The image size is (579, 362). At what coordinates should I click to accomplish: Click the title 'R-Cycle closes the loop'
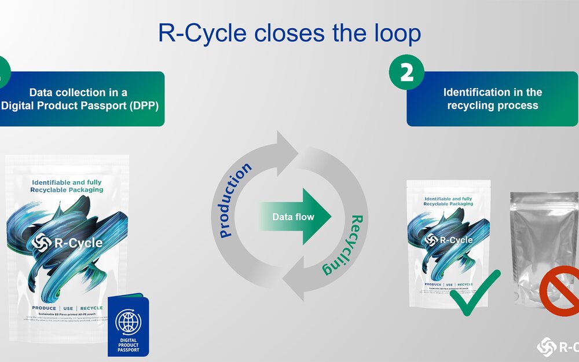coord(289,33)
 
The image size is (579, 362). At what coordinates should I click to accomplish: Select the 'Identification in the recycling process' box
coord(492,99)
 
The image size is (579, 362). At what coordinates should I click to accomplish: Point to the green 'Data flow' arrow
coord(295,217)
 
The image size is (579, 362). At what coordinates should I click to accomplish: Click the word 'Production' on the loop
coord(236,200)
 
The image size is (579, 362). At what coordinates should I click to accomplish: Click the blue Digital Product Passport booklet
coord(128,325)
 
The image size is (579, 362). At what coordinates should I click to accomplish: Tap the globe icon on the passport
coord(128,320)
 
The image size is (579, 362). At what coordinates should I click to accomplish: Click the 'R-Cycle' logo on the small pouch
coord(449,240)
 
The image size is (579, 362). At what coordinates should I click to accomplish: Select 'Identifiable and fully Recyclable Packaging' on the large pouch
coord(67,185)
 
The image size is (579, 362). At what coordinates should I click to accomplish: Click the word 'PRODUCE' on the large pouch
coord(44,308)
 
